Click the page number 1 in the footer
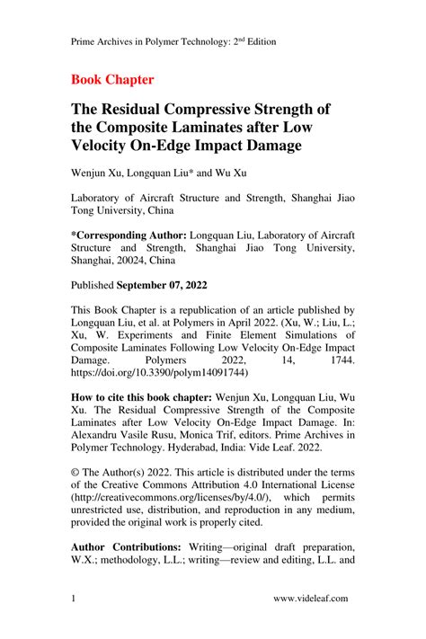(x=74, y=598)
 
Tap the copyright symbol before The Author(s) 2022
(x=75, y=470)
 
